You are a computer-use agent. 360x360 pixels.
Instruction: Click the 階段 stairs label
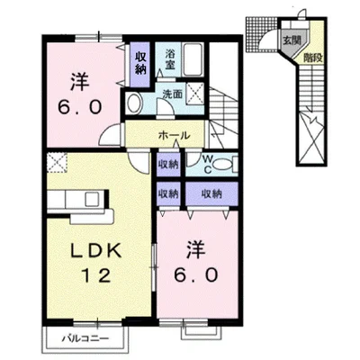click(310, 55)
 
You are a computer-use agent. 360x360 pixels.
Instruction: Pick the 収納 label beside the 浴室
click(142, 62)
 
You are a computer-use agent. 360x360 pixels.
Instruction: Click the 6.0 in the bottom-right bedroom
click(200, 273)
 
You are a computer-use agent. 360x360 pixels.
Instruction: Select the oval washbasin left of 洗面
click(135, 103)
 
